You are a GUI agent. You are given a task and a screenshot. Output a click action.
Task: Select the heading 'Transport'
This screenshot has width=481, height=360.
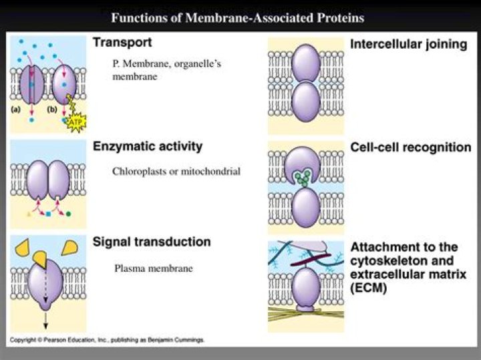(122, 42)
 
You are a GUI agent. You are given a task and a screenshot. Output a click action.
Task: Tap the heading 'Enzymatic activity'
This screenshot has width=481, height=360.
(147, 146)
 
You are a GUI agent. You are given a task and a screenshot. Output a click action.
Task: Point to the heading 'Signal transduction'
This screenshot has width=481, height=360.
(152, 242)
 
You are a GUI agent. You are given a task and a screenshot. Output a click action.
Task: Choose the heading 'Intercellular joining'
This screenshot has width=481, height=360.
(408, 45)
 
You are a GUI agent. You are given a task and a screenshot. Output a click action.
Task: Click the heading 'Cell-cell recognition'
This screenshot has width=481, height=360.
(411, 147)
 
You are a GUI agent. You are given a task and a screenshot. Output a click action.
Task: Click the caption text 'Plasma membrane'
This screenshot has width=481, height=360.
(153, 268)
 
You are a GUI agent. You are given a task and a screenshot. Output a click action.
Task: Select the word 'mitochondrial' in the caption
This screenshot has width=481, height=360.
(213, 172)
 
